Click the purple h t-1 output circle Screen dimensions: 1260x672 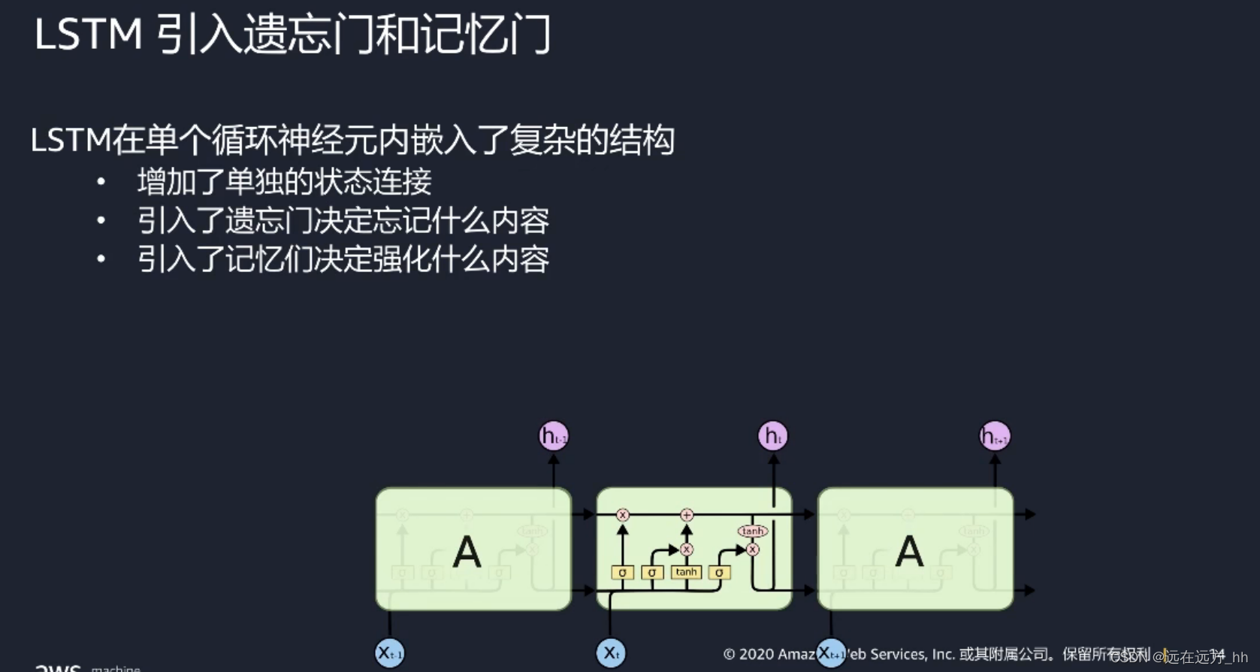point(554,436)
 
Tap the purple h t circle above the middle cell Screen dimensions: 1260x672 point(772,436)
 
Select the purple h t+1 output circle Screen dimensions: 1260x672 point(995,436)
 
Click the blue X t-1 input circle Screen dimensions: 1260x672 point(389,652)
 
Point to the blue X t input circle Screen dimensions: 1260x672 point(611,652)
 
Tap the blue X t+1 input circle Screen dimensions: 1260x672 point(830,652)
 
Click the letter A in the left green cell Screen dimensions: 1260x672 point(467,552)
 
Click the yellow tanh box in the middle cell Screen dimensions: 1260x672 point(686,572)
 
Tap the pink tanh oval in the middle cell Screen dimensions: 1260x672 point(752,531)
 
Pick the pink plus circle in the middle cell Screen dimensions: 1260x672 point(686,515)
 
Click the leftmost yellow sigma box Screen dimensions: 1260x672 point(622,573)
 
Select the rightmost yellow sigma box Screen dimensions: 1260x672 point(719,573)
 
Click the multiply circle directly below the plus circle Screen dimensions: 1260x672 point(686,549)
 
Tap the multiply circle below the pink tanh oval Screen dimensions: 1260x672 point(753,549)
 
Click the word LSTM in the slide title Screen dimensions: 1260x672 point(88,35)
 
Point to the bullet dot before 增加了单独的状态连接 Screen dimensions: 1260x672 point(101,182)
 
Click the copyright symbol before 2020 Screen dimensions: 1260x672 point(729,654)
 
